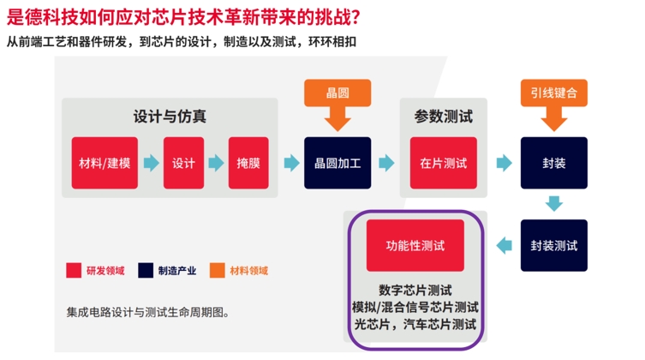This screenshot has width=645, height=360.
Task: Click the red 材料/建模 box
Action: [x=105, y=163]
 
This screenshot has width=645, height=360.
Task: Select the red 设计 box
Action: [x=183, y=163]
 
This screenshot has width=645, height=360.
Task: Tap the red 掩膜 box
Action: [x=248, y=163]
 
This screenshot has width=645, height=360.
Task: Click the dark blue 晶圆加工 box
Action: [x=337, y=163]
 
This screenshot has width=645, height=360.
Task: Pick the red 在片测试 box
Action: [x=444, y=163]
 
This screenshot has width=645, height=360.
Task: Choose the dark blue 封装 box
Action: [x=553, y=163]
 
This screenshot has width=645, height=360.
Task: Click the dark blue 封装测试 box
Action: [x=553, y=245]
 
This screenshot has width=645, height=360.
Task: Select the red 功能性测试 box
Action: [x=415, y=245]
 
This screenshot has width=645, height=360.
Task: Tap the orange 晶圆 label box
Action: [x=337, y=93]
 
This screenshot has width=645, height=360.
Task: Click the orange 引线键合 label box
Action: [x=553, y=93]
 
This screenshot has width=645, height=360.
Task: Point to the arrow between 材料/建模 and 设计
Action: [x=151, y=163]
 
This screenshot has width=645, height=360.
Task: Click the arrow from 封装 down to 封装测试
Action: [x=553, y=204]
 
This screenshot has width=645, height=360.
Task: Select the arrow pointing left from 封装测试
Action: [x=504, y=246]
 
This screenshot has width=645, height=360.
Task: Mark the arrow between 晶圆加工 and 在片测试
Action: [x=386, y=163]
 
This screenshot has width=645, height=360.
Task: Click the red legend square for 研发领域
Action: [x=74, y=270]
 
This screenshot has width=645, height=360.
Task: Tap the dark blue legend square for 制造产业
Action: [x=146, y=270]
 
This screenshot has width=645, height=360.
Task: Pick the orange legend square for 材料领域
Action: [x=218, y=270]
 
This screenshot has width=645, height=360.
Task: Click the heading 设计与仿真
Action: [x=170, y=117]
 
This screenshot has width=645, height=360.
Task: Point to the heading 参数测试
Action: [x=444, y=117]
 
